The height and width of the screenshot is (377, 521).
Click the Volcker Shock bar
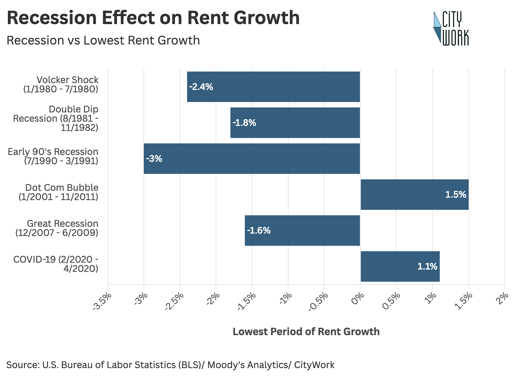coord(273,87)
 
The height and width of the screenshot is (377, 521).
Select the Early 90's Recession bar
coord(252,159)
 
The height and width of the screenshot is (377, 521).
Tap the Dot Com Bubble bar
coord(415,194)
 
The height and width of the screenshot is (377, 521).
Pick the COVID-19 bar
coord(400,266)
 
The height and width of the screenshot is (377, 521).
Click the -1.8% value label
coord(244,123)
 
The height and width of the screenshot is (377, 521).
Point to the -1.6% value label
coord(259,231)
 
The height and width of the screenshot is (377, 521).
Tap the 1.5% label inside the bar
coord(456,194)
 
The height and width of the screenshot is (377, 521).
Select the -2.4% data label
coord(201,87)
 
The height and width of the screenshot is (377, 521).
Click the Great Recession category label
coord(57,228)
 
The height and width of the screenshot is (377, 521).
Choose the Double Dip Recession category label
coord(56,119)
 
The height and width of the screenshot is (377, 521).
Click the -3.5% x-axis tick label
coord(102,301)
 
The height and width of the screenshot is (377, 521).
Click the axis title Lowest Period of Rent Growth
coord(306,332)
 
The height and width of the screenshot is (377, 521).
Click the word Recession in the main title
coord(52,18)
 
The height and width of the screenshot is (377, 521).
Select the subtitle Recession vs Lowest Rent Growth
coord(103,40)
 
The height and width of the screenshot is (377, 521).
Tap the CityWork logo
coord(451,28)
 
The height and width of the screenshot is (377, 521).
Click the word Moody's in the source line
coord(226,364)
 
